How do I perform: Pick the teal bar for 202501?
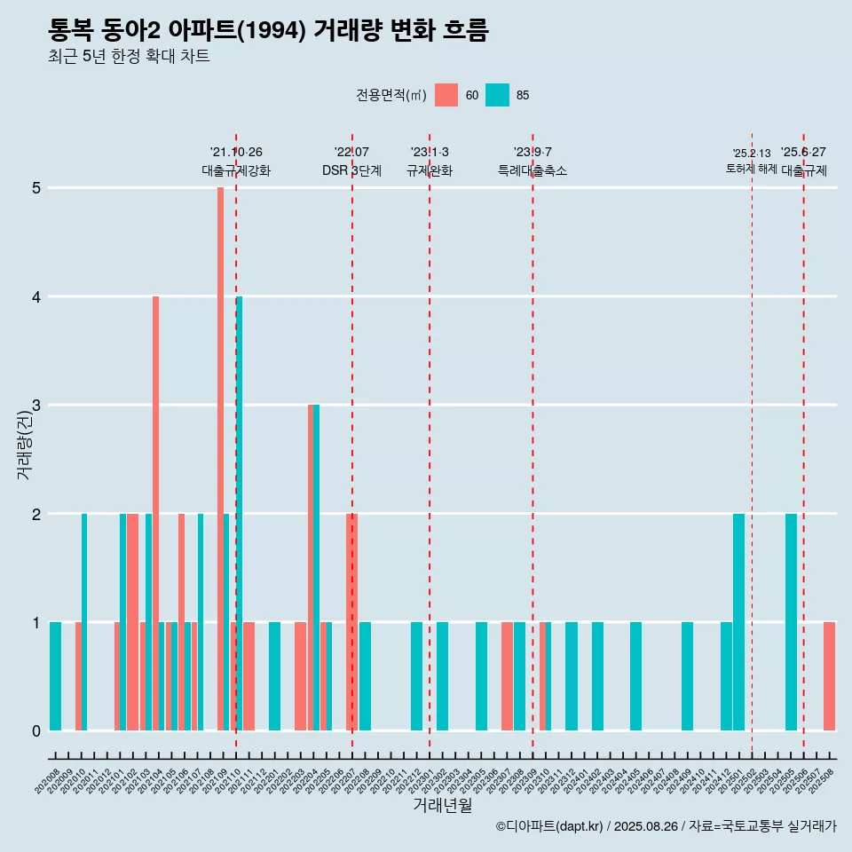pos(738,621)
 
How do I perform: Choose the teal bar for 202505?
pos(791,621)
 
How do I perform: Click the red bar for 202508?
pos(829,676)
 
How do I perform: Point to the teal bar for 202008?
pos(55,676)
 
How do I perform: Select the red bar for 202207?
pos(351,621)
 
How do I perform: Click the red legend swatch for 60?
pos(446,95)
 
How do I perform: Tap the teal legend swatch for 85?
pos(497,95)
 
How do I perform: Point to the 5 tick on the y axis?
pos(36,188)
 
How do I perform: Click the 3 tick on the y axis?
pos(36,406)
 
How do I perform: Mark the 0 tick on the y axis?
pos(36,731)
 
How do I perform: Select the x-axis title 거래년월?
pos(442,806)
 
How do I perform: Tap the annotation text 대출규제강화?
pos(236,170)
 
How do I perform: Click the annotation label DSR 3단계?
pos(351,170)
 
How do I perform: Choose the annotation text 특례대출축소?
pos(532,170)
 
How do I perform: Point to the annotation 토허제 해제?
pos(751,169)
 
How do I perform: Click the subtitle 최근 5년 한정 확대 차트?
pos(129,57)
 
